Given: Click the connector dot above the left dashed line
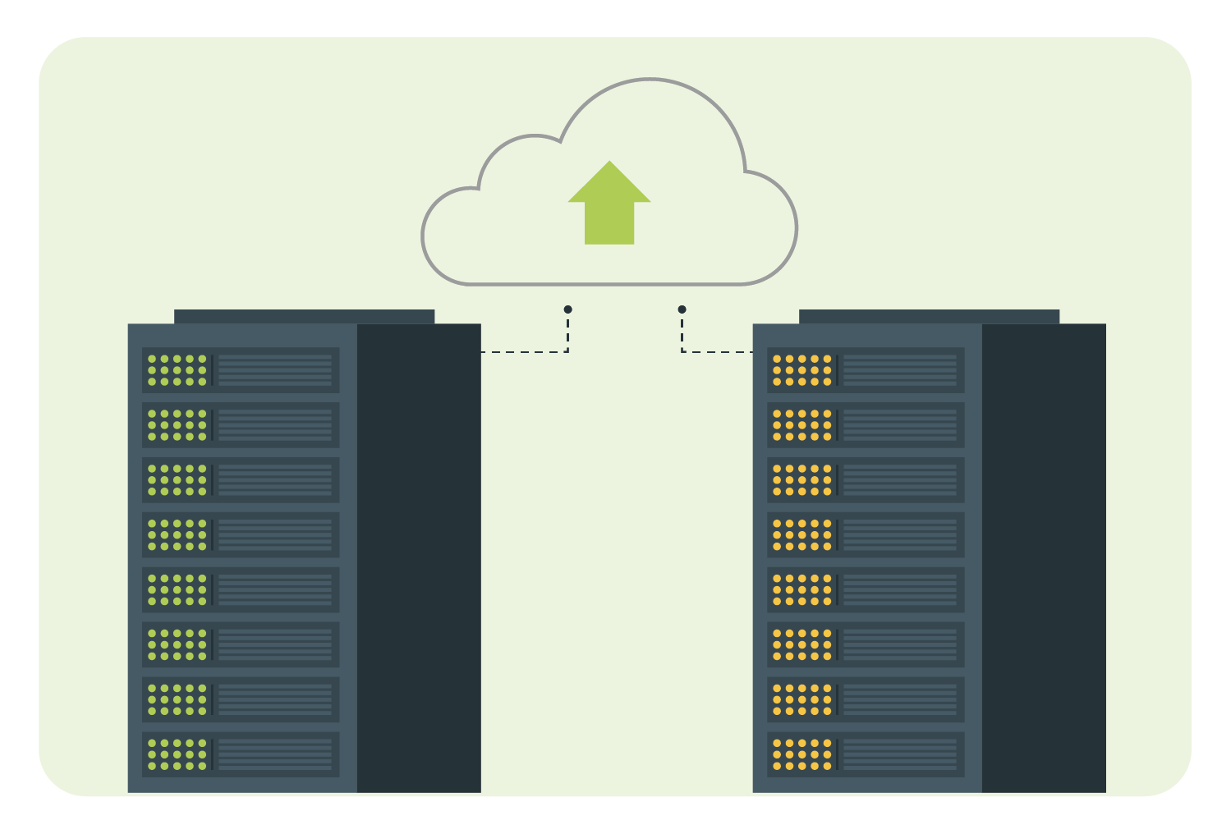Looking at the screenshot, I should pos(567,309).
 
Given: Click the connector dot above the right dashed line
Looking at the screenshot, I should pos(682,309).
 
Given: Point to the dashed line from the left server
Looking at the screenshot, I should pos(526,351).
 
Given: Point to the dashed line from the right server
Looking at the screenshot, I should pos(714,351).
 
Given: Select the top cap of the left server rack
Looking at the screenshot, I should pos(304,316).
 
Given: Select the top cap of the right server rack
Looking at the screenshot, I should pos(929,316).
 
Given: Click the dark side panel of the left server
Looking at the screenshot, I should pos(419,558).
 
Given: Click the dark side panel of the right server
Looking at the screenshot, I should pos(1044,558).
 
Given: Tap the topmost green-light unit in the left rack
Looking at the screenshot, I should pos(241,370).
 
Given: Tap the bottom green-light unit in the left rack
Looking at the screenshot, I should pos(241,754).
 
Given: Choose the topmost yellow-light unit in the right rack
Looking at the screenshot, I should pos(866,370).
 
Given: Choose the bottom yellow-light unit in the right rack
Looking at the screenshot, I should pos(866,754).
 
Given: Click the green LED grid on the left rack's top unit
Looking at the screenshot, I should pos(177,370).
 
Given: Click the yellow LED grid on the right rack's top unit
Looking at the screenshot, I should pos(802,370).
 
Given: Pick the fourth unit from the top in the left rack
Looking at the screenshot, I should pos(241,534).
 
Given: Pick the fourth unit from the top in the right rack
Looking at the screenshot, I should pos(866,534).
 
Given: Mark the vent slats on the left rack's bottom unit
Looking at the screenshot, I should pos(275,754).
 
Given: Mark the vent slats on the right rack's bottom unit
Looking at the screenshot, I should pos(900,754).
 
